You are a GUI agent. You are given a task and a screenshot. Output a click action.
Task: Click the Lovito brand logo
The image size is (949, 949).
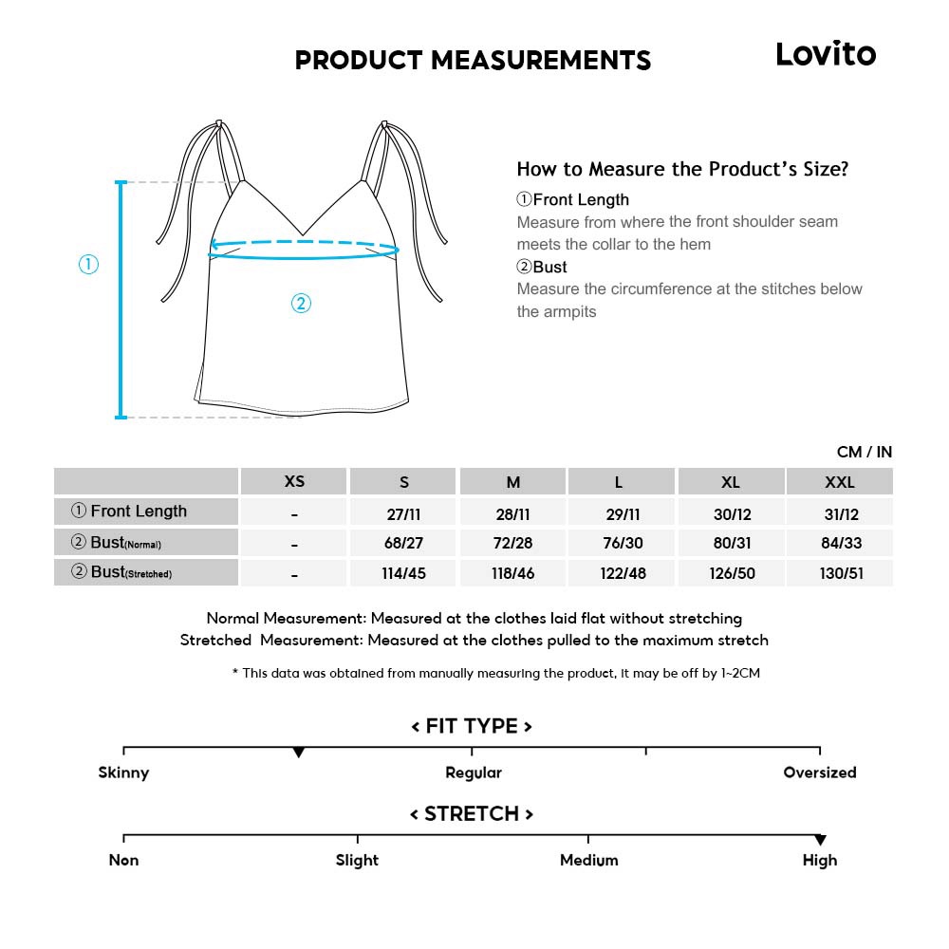point(826,54)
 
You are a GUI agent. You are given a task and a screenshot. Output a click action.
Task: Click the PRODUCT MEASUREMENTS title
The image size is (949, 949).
point(473,61)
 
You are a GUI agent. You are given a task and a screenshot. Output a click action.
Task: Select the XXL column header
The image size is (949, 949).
point(840,482)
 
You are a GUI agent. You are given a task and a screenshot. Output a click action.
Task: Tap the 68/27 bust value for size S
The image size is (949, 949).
point(404,544)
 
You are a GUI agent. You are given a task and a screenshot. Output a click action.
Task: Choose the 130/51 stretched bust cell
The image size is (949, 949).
point(840,574)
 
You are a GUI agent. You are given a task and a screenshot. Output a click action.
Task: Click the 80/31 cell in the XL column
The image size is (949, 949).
point(730,544)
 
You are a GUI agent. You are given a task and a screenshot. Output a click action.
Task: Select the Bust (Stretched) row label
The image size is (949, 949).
point(122,573)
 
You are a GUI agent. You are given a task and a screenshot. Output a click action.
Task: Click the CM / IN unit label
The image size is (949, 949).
point(864,453)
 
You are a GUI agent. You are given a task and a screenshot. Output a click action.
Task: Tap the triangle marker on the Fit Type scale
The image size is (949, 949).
point(299,753)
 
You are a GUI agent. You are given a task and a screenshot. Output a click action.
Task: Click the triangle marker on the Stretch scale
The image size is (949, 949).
point(820,840)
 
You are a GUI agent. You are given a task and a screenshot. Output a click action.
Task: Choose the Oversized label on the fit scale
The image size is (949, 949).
point(820,772)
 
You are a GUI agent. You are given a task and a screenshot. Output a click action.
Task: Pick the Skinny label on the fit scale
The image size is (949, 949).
point(123,772)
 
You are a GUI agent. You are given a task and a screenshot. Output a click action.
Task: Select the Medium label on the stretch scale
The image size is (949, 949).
point(588,860)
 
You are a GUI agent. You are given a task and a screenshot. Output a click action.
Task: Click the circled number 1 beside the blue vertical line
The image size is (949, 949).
point(88,266)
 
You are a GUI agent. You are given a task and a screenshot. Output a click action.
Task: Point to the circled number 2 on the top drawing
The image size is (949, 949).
point(300,304)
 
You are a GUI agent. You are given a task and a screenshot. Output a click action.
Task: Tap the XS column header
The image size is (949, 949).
point(295,482)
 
